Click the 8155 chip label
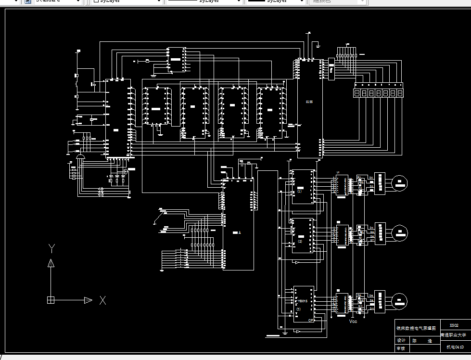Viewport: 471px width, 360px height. click(x=309, y=102)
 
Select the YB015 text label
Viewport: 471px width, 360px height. click(x=302, y=301)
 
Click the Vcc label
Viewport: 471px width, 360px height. click(x=353, y=321)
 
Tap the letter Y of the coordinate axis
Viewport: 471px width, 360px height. click(x=51, y=248)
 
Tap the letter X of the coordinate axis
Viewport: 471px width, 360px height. click(x=102, y=300)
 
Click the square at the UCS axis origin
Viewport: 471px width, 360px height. click(x=51, y=300)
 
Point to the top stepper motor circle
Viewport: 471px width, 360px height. click(x=400, y=182)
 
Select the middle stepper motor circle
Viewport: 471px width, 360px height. click(x=400, y=233)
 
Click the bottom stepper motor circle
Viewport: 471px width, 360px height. click(x=400, y=300)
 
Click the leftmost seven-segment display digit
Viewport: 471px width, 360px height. click(x=357, y=93)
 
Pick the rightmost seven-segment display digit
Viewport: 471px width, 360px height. click(x=400, y=93)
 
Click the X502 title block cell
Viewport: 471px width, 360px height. click(x=454, y=325)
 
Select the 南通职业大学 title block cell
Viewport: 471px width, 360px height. click(x=454, y=334)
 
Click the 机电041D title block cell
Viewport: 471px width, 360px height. click(x=454, y=347)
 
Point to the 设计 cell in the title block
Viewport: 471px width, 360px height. click(x=401, y=340)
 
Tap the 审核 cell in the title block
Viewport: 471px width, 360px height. click(x=401, y=348)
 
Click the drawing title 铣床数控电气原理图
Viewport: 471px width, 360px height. click(x=417, y=328)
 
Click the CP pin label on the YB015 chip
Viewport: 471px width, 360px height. click(x=311, y=320)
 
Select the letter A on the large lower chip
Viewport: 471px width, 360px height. click(x=239, y=232)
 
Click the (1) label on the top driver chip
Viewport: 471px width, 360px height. click(x=299, y=191)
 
